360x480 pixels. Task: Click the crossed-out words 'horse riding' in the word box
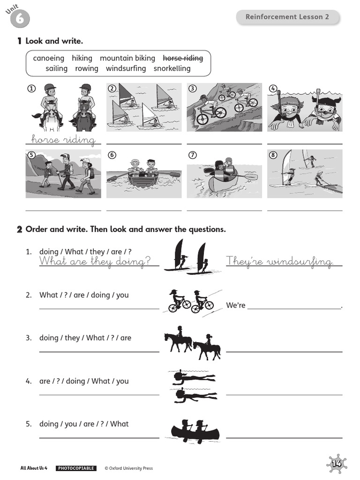coord(182,58)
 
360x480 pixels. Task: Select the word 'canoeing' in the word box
coord(49,58)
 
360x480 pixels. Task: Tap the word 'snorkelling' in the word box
coord(172,68)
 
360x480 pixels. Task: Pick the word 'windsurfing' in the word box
coord(126,68)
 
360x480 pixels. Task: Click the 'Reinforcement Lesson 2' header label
coord(287,17)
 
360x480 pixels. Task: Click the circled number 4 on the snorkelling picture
coord(273,88)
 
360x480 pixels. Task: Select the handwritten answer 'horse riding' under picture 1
coord(63,139)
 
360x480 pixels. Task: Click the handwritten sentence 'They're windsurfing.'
coord(280,262)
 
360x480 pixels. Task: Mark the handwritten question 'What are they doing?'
coord(95,262)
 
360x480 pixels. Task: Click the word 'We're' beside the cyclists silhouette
coord(236,306)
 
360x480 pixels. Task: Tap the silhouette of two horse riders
coord(192,343)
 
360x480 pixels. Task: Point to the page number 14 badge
coord(337,464)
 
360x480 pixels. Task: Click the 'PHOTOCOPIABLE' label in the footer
coord(76,468)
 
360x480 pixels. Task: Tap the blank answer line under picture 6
coord(144,210)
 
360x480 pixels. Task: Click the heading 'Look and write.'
coord(54,41)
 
